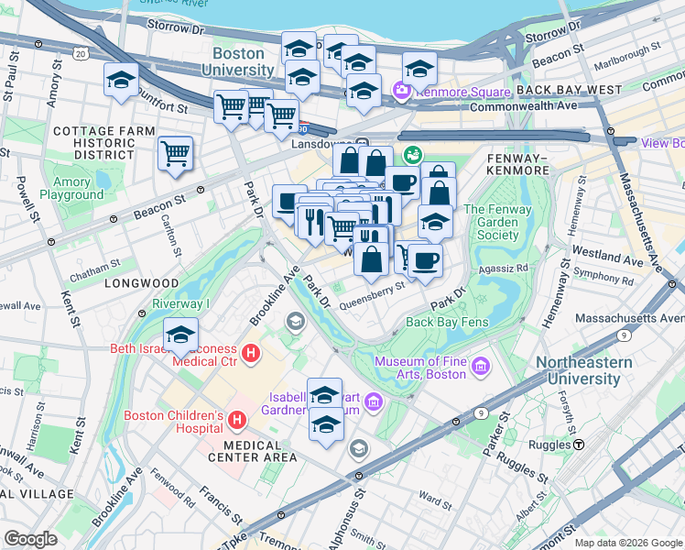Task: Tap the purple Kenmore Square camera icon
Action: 399,90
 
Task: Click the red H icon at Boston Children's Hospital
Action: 237,422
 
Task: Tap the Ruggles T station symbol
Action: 580,445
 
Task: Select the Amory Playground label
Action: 71,188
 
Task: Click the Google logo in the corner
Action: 30,539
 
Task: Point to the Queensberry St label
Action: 373,287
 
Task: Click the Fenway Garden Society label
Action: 497,222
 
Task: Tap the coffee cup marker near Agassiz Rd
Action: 424,260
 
